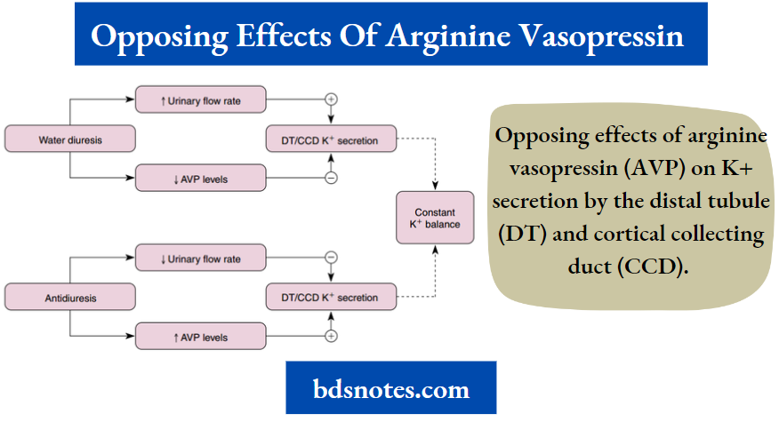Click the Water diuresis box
(x=70, y=139)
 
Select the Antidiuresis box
(x=70, y=297)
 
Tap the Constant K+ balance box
(x=435, y=218)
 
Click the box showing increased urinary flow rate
(x=200, y=100)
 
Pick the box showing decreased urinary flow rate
(x=200, y=259)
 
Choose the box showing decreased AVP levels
(x=200, y=179)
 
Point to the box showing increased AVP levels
(x=200, y=337)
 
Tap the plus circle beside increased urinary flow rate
(x=332, y=100)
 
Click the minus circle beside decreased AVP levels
(x=332, y=179)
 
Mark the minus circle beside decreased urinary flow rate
(x=332, y=259)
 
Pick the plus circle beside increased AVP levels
(x=332, y=337)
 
